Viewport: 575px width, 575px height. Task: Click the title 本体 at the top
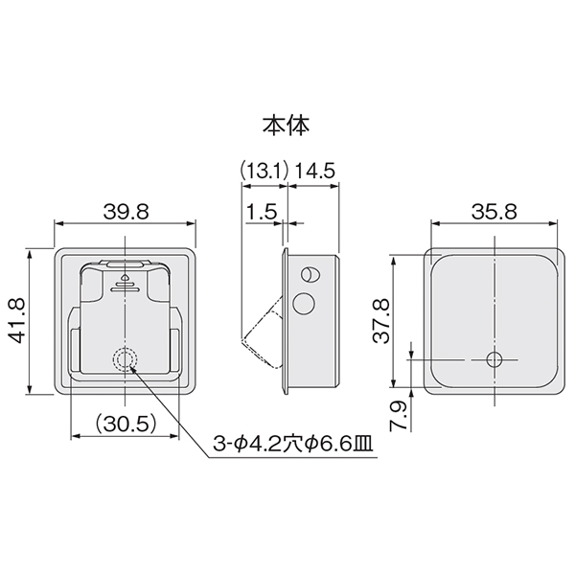[x=286, y=126]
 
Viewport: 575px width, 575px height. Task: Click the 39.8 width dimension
[x=126, y=212]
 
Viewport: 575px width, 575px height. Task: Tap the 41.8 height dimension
[x=17, y=320]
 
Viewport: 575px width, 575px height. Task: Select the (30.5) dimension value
[x=126, y=424]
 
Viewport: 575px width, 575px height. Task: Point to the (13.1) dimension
[x=264, y=171]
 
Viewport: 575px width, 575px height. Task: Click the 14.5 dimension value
[x=315, y=171]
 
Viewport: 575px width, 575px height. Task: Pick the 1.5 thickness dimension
[x=261, y=212]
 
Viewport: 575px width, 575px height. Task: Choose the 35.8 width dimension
[x=494, y=212]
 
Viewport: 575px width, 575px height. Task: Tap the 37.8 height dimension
[x=381, y=320]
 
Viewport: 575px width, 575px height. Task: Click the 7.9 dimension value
[x=398, y=416]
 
